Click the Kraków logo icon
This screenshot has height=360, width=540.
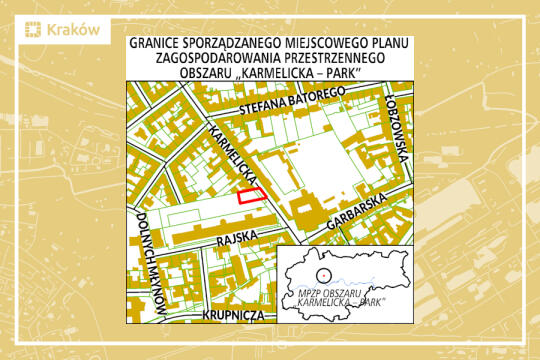tap(34, 30)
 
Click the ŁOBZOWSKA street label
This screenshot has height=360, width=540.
tap(399, 131)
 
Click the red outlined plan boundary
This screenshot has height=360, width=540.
tap(252, 196)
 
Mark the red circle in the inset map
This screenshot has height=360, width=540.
tap(322, 272)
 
